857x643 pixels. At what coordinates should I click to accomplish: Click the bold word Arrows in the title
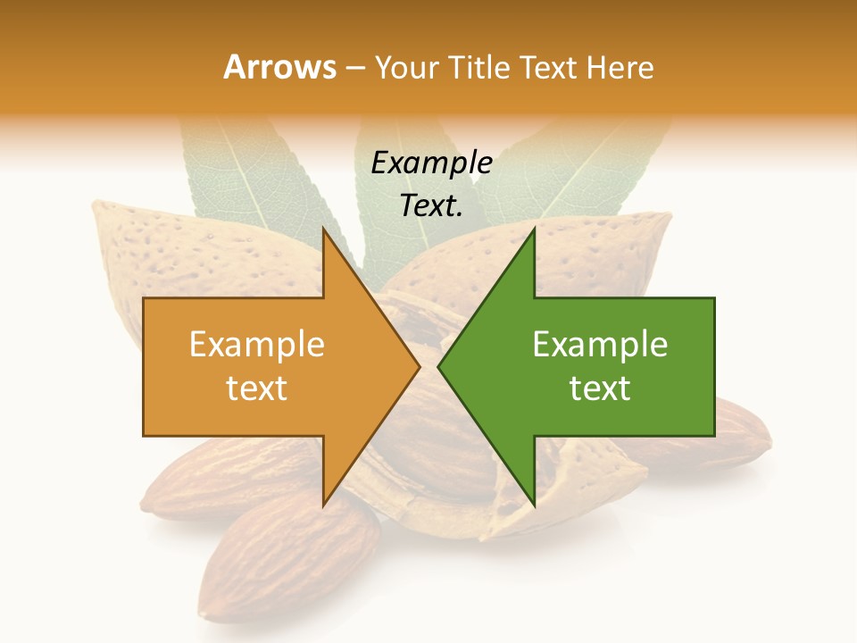point(279,67)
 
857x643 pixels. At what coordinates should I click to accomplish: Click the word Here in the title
point(620,68)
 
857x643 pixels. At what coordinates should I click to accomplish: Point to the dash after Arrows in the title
point(354,69)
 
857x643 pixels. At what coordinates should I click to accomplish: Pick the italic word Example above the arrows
point(431,163)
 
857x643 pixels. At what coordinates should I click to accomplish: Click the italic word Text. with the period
point(431,205)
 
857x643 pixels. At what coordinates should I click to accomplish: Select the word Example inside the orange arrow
point(257,345)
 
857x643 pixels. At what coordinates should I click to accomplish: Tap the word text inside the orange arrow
point(257,388)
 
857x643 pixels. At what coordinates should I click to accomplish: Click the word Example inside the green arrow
point(600,345)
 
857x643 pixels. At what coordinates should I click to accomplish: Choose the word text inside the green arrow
point(600,388)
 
